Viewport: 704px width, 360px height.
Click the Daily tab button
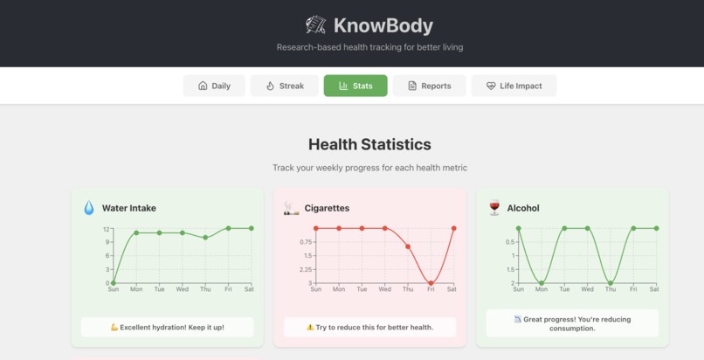click(214, 86)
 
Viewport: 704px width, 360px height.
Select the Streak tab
click(285, 86)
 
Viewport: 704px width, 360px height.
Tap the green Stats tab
click(355, 86)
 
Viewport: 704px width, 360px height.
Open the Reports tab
click(429, 86)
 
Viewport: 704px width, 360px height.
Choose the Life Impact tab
click(514, 86)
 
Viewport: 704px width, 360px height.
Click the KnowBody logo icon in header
click(315, 25)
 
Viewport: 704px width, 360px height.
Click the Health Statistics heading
click(369, 144)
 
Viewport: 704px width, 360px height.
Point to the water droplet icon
click(89, 208)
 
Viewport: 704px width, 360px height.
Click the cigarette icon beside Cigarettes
click(291, 208)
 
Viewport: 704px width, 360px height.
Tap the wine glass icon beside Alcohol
click(494, 208)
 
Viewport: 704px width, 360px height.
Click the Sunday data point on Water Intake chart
click(114, 283)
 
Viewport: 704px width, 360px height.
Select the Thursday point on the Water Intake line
click(205, 238)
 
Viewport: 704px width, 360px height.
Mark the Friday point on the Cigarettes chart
click(431, 283)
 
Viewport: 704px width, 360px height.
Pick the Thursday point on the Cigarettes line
click(408, 247)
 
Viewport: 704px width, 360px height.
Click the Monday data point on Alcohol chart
click(542, 283)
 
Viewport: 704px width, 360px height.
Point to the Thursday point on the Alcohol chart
click(611, 283)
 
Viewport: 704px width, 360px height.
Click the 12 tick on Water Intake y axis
click(107, 229)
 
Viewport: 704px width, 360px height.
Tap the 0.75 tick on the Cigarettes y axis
click(306, 242)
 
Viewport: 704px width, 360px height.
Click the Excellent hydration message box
click(168, 327)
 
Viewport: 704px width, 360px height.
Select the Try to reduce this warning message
click(369, 327)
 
